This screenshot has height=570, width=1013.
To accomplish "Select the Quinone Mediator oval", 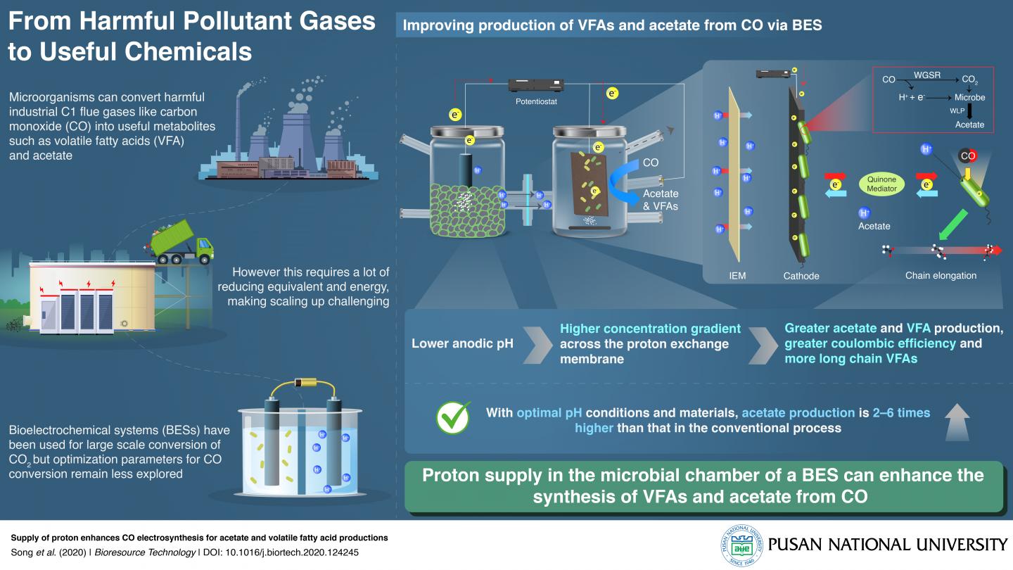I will [881, 184].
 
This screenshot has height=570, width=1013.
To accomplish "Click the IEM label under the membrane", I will [737, 276].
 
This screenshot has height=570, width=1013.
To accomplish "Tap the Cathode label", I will [801, 276].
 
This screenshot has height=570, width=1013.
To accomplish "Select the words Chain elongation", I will [941, 276].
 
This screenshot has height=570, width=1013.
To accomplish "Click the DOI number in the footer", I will [302, 552].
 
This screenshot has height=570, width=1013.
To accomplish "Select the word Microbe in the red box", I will [969, 97].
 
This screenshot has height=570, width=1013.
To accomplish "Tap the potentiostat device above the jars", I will [537, 86].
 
